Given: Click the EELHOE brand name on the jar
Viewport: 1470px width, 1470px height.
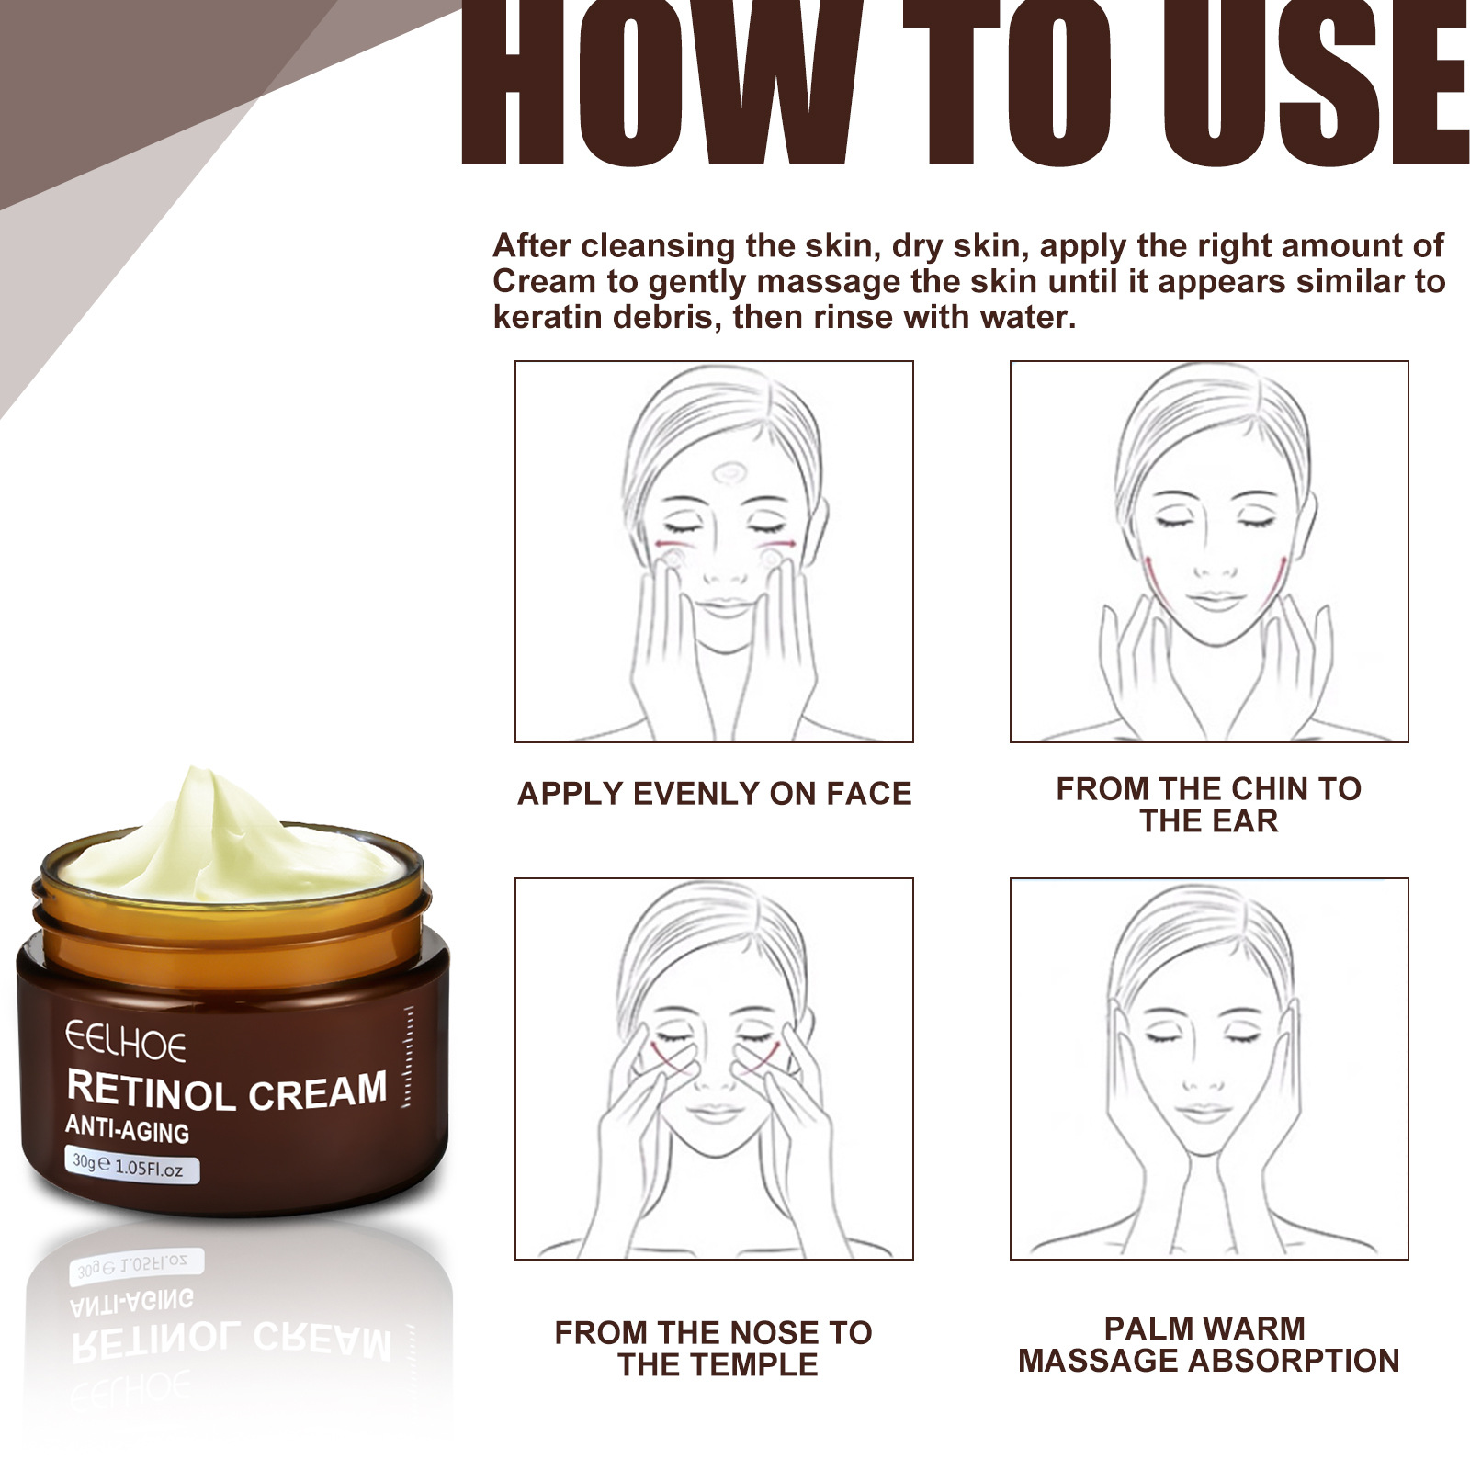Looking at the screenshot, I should tap(125, 1044).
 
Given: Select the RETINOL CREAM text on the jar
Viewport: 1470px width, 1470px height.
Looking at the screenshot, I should tap(227, 1091).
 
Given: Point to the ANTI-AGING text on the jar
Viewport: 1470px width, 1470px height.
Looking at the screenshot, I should tap(127, 1129).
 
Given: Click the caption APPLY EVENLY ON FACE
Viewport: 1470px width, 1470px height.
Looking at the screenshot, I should tap(714, 794).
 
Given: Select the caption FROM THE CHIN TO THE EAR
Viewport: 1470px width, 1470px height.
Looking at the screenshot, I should tap(1208, 805).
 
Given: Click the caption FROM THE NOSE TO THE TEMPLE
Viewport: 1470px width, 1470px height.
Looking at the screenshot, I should tap(714, 1348).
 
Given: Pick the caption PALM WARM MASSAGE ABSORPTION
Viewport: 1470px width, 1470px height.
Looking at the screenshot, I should tap(1208, 1344).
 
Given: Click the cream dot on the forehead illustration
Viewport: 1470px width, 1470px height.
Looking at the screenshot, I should tap(731, 473).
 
